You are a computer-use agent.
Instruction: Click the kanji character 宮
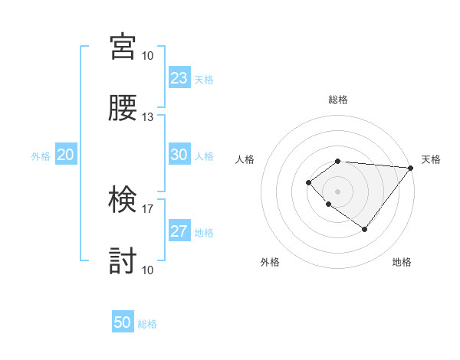(x=123, y=47)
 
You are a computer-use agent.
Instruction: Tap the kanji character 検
(x=123, y=200)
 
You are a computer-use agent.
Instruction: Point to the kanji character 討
(x=123, y=261)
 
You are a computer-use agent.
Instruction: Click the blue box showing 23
(x=179, y=78)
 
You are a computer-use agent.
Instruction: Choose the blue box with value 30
(x=179, y=155)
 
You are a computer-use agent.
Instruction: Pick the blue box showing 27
(x=179, y=231)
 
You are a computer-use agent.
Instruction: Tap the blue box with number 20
(x=66, y=155)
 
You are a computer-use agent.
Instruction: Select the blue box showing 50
(x=123, y=322)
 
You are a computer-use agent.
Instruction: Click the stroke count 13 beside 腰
(x=148, y=117)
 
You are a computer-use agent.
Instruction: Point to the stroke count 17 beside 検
(x=148, y=208)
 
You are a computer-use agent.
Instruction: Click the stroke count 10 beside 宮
(x=148, y=56)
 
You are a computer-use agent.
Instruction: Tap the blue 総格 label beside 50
(x=147, y=324)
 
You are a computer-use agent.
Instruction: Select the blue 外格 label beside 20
(x=41, y=156)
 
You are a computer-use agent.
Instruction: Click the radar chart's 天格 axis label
(x=431, y=159)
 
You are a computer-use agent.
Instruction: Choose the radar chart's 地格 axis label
(x=402, y=262)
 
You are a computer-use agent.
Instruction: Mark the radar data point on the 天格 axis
(x=411, y=168)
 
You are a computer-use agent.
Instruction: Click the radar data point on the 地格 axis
(x=365, y=229)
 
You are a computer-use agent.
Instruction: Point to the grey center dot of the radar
(x=338, y=191)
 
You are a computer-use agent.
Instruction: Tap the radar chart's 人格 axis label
(x=245, y=159)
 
